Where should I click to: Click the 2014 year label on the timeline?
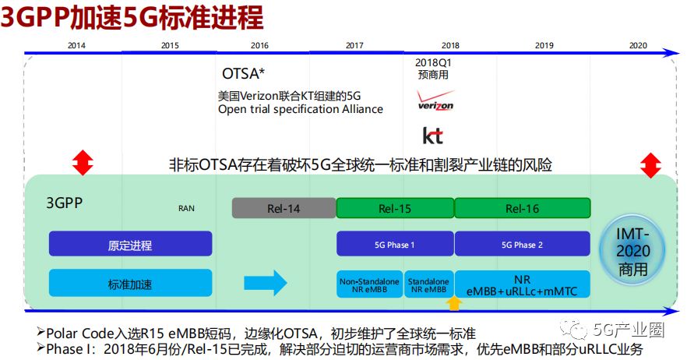(76, 45)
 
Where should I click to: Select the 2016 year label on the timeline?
(260, 45)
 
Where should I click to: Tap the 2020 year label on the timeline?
(638, 45)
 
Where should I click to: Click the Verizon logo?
(435, 102)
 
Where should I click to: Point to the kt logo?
(433, 135)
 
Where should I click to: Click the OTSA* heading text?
(243, 74)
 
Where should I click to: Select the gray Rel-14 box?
(284, 208)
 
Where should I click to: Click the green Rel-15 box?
(395, 208)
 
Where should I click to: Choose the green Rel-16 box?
(522, 208)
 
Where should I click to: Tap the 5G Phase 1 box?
(395, 244)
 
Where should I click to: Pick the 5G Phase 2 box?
(522, 244)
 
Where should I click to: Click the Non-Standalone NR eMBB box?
(369, 284)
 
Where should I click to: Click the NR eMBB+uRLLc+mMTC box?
(522, 284)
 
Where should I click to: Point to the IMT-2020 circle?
(633, 252)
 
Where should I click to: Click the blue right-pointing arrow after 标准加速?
(266, 282)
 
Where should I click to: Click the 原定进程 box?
(130, 245)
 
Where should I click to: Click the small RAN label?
(187, 208)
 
